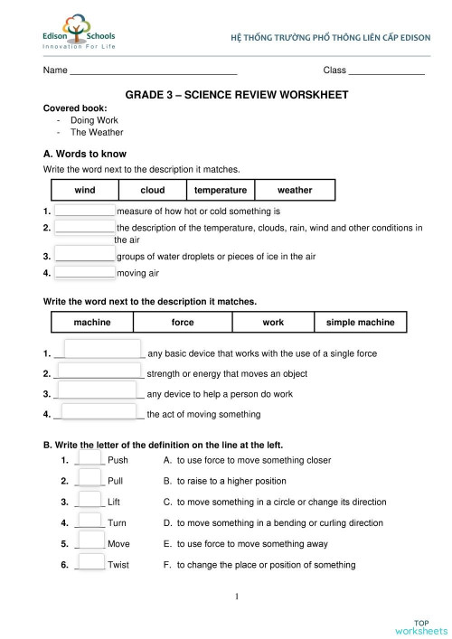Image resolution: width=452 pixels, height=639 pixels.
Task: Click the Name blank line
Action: [x=153, y=71]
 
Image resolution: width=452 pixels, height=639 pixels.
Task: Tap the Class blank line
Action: [x=386, y=71]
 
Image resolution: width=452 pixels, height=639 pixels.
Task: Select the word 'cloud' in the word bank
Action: [x=153, y=191]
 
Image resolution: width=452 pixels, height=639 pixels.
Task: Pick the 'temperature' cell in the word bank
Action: [x=221, y=191]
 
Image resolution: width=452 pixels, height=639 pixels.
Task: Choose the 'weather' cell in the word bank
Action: [x=295, y=191]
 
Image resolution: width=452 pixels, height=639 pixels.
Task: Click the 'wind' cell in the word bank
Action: [x=85, y=191]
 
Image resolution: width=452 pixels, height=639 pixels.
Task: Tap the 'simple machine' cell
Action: [x=361, y=323]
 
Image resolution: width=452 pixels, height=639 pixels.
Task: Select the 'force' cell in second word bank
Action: [x=183, y=323]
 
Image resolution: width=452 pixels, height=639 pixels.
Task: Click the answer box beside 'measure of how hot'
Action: [x=85, y=211]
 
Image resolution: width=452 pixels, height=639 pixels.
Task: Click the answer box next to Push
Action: [x=89, y=459]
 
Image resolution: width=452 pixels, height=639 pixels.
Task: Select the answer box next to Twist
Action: [x=89, y=564]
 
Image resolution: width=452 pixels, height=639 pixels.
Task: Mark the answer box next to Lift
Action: [x=89, y=501]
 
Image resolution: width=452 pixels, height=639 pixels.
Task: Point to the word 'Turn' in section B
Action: [x=118, y=522]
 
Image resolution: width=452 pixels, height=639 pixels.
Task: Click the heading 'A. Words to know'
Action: [x=85, y=155]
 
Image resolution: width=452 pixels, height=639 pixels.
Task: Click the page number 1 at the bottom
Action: [x=236, y=597]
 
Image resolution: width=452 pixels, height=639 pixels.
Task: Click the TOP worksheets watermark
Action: [x=420, y=625]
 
